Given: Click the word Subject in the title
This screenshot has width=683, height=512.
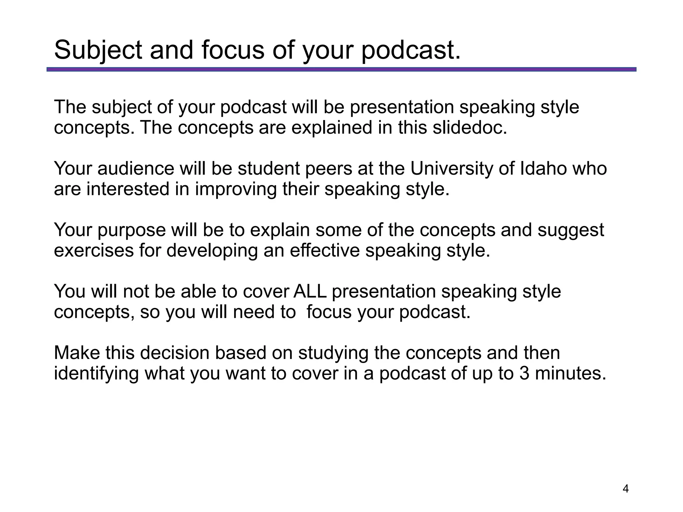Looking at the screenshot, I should [98, 50].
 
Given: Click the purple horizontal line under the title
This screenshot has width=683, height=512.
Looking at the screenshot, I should [341, 69].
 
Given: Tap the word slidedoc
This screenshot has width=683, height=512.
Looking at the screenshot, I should [470, 127].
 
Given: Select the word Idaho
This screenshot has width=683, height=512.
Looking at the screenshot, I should [543, 168].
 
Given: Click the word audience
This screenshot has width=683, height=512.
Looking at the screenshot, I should [136, 168].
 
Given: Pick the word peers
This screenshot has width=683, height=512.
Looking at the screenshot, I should [328, 169].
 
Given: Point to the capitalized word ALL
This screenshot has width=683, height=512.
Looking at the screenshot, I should [310, 292].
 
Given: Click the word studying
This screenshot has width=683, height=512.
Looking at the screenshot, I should [333, 354].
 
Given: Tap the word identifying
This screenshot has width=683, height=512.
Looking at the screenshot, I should [96, 374].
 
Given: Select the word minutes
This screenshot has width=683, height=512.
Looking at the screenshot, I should [570, 373].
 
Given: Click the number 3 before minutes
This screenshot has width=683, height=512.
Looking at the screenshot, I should [524, 373].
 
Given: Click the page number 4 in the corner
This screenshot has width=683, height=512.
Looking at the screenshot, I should [626, 489].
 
